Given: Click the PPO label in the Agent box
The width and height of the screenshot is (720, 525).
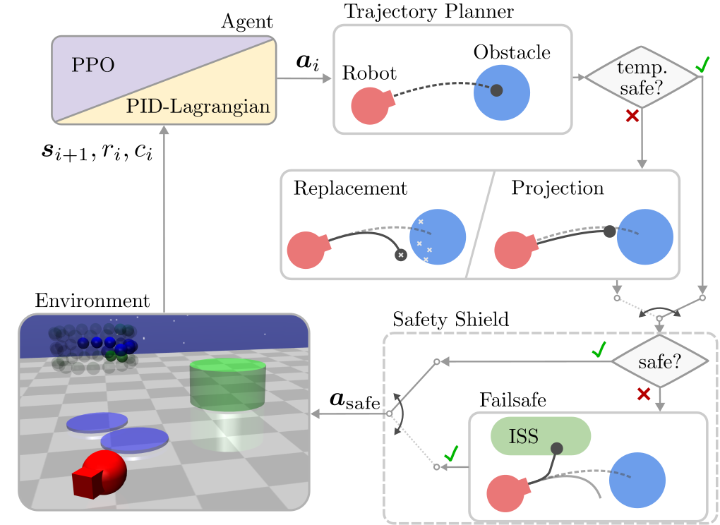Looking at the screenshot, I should (x=93, y=66).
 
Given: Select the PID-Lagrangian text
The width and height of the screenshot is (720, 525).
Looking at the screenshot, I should (x=200, y=107).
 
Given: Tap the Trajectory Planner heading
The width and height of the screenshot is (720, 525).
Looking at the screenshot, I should (x=428, y=11).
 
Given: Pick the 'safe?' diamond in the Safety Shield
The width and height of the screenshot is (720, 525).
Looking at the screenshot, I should (x=659, y=361).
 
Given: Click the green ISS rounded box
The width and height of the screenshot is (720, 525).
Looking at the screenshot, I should (x=540, y=436).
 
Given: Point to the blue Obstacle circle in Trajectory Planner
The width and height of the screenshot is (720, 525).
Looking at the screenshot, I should (x=502, y=92).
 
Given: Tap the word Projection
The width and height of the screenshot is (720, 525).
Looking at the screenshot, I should (x=558, y=188).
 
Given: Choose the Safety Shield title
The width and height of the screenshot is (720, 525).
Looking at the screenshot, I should (x=450, y=319).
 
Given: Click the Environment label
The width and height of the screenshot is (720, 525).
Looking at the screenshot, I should (x=92, y=301).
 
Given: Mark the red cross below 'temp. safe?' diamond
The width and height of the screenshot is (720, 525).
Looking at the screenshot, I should (x=632, y=117).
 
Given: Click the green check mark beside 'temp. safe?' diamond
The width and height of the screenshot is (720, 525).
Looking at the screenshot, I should (x=702, y=66).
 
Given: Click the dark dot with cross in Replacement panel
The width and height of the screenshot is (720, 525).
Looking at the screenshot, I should (x=401, y=254).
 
